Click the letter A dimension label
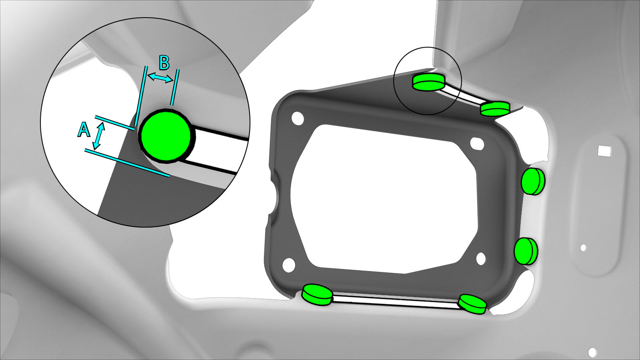84,130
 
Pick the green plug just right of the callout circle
495,108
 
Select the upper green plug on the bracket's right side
533,182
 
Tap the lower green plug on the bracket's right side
526,250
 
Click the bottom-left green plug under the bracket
318,295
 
